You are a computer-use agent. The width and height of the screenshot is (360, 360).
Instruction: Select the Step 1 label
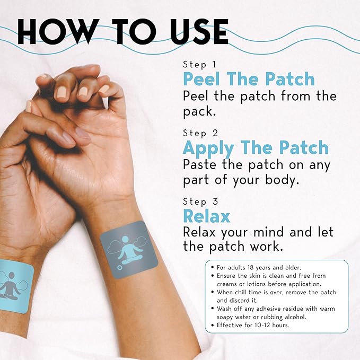tap(199, 64)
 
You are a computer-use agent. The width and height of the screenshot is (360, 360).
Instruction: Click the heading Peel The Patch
tap(249, 80)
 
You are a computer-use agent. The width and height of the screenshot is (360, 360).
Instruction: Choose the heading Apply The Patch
tap(256, 147)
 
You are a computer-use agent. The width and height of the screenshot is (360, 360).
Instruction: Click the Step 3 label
tap(200, 201)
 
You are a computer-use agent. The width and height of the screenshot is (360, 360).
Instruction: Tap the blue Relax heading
tap(207, 216)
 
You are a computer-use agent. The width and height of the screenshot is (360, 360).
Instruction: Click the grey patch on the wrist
tap(127, 249)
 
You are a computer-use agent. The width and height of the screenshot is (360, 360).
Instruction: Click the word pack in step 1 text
tap(200, 112)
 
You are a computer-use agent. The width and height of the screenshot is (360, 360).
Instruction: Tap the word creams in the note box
tap(229, 284)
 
